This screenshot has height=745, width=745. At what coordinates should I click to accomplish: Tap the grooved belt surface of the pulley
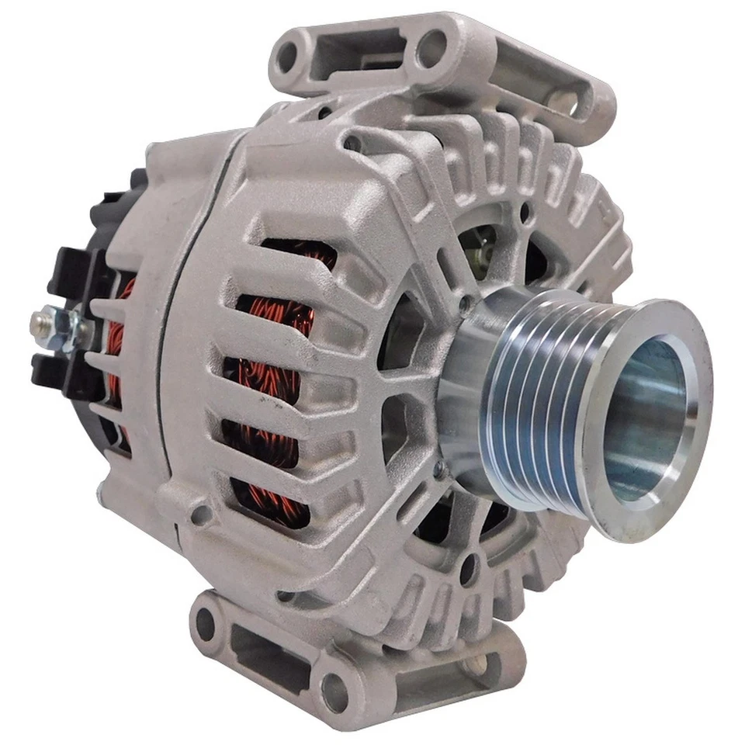(x=535, y=404)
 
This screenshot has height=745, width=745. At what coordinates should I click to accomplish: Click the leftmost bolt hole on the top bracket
(x=288, y=56)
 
